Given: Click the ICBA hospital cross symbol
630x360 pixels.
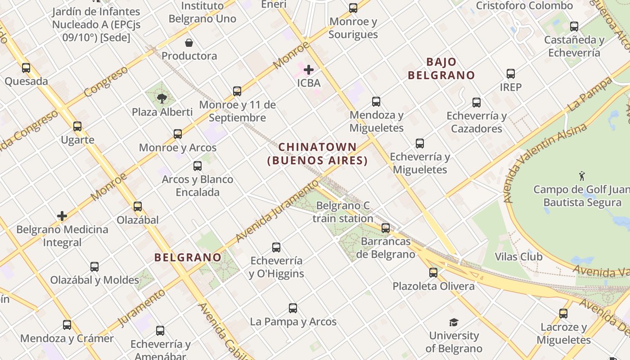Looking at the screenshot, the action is (x=309, y=70).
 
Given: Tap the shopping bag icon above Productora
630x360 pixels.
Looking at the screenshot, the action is (x=189, y=43).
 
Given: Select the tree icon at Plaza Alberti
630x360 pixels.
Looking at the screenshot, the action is (x=162, y=99).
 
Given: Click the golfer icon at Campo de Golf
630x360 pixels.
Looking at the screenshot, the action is (x=582, y=175).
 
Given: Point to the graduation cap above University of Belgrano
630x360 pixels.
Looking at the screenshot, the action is (x=454, y=322).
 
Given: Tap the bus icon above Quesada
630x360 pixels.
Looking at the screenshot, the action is (x=26, y=68).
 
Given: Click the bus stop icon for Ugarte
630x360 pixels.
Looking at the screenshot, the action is (x=77, y=126).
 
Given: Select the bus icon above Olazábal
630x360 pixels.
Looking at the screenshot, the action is (x=138, y=207).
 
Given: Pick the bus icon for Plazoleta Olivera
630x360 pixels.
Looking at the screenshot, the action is (x=433, y=272).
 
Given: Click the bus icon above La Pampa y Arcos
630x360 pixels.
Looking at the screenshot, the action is (x=293, y=308).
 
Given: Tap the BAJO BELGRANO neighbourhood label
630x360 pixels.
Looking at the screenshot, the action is (x=441, y=68).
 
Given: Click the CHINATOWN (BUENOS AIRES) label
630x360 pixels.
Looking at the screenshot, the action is (x=318, y=153).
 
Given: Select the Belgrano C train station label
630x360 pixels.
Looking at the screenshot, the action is (x=343, y=212).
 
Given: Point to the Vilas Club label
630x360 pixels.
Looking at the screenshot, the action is (x=518, y=257).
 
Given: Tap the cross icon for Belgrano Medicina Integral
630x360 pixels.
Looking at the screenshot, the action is (x=62, y=216).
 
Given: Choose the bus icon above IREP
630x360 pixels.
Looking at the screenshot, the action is (x=511, y=73).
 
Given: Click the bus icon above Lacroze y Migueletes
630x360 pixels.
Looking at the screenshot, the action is (x=563, y=314).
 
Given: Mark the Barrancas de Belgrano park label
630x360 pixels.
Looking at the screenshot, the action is (x=386, y=248).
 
